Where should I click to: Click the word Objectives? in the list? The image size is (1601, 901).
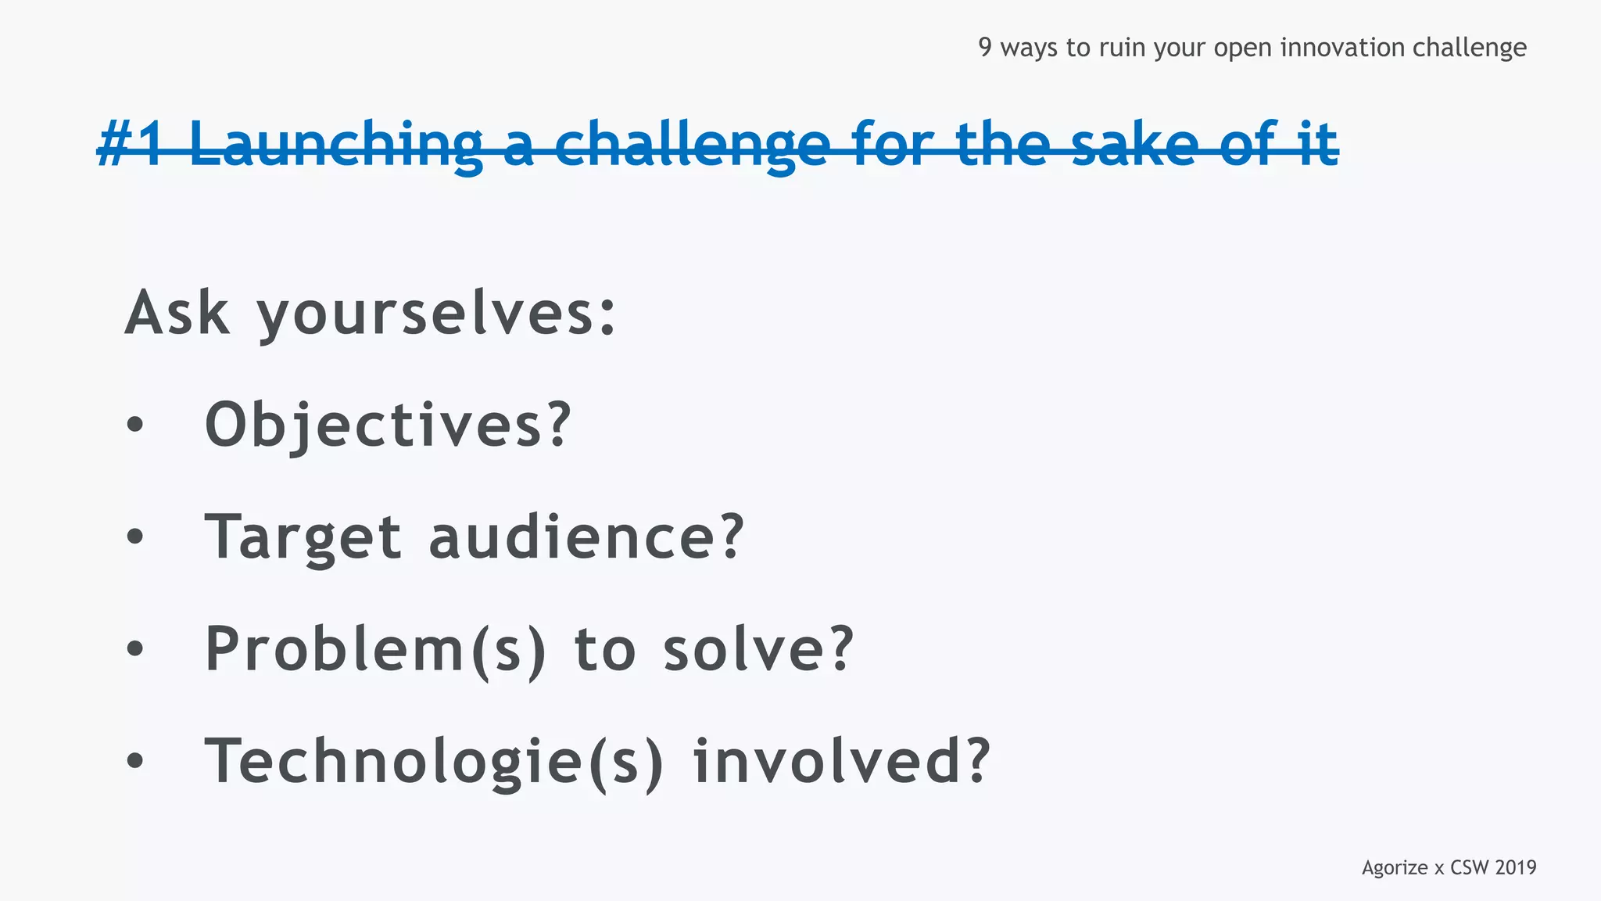coord(388,425)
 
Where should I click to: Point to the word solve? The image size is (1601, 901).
coord(758,649)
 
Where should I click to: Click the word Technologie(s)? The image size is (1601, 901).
coord(434,762)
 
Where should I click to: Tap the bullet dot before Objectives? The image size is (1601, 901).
coord(135,425)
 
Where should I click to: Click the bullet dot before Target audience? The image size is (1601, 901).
coord(135,537)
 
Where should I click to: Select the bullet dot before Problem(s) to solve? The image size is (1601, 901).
coord(135,649)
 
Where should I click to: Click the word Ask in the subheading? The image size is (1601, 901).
coord(177,313)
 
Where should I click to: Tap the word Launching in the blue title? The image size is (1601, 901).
coord(336,145)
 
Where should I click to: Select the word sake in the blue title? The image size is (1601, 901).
coord(1134,145)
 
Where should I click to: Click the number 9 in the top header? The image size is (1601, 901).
coord(985,48)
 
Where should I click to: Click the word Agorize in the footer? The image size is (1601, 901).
coord(1395,867)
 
